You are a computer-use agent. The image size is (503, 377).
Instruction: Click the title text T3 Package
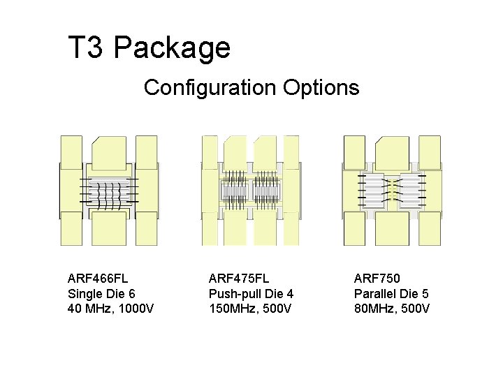[150, 47]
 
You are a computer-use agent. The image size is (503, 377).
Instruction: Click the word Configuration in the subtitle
[210, 87]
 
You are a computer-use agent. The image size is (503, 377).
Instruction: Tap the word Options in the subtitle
[321, 88]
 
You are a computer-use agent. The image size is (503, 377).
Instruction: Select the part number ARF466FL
[98, 279]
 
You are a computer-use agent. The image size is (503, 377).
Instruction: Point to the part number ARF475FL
[239, 279]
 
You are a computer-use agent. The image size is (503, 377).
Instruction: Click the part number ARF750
[377, 279]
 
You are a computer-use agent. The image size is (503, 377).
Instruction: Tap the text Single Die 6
[101, 294]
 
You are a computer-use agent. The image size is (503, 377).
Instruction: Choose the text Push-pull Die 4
[251, 294]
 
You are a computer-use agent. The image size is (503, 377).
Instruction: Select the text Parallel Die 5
[391, 294]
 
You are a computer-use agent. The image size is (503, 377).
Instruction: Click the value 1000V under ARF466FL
[136, 309]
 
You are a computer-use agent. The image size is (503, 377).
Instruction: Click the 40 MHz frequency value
[91, 309]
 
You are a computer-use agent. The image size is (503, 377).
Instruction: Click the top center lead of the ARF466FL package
[109, 153]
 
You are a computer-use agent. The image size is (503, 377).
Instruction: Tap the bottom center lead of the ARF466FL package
[109, 228]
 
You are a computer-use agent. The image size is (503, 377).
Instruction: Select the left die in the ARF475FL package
[234, 192]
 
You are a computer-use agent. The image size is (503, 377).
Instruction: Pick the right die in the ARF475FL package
[266, 192]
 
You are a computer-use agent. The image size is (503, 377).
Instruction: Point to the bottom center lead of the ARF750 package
[392, 228]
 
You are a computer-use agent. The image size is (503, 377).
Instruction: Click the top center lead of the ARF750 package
[392, 153]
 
